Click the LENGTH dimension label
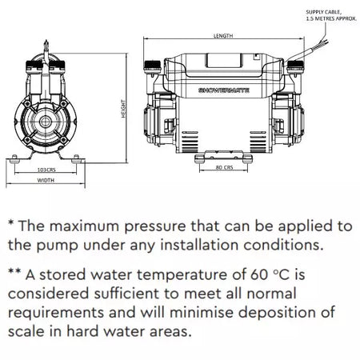coord(223,35)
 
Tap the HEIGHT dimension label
coord(123,109)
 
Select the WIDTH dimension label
coord(46,180)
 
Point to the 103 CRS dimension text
coord(46,170)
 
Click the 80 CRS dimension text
coord(224,167)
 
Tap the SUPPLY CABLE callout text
coord(331,15)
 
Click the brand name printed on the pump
coord(224,90)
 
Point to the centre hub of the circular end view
coord(46,122)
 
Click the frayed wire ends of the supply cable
coord(323,43)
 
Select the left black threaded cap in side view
coord(153,65)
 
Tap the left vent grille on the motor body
coord(190,142)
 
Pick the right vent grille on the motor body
coord(258,142)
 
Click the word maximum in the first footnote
coord(84,226)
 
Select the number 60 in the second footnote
coord(259,274)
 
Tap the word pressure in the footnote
coord(155,227)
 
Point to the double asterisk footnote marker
coord(14,271)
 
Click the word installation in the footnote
coord(199,245)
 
